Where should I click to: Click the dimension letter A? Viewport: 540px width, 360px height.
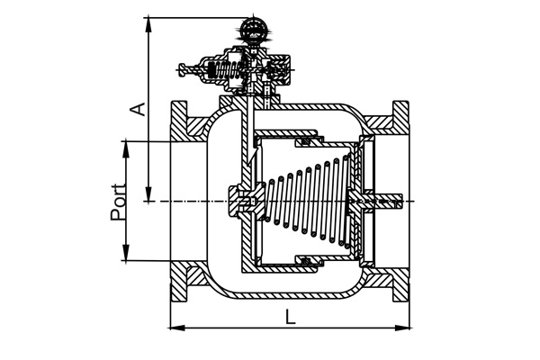point(138,109)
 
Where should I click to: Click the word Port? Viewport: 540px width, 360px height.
point(118,202)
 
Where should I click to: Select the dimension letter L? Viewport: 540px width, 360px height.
point(291,317)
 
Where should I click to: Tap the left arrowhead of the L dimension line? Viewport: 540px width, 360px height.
point(177,328)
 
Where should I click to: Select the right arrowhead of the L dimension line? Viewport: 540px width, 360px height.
point(402,328)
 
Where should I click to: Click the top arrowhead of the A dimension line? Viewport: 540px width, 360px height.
point(148,24)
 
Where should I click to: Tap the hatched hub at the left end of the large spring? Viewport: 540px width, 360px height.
point(241,201)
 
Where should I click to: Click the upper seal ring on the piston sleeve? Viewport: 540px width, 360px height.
point(306,141)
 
